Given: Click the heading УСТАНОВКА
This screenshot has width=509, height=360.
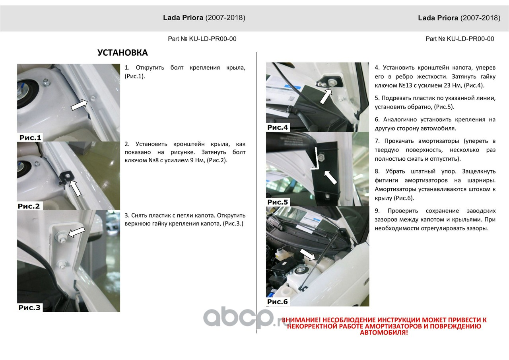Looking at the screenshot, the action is tap(122, 53).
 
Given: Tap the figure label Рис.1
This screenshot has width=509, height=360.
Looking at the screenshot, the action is tap(30, 138).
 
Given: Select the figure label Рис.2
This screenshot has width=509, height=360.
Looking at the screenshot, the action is tap(29, 206).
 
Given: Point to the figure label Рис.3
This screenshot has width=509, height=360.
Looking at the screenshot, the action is tap(29, 307).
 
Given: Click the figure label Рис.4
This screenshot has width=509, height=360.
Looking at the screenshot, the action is tap(278, 127).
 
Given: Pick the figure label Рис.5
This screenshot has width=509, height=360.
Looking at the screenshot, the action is tap(278, 202).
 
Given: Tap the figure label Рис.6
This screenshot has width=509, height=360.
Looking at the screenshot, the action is tap(278, 302).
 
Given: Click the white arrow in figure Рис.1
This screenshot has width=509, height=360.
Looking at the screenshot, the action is tap(79, 105).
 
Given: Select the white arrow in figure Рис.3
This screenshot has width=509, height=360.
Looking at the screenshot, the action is tap(77, 232).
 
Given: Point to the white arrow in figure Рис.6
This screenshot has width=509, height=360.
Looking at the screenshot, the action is tap(307, 254).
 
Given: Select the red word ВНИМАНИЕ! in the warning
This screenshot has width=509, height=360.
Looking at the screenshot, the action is tap(301, 320).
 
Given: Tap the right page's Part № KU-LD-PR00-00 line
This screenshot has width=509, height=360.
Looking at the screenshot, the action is tap(460, 39).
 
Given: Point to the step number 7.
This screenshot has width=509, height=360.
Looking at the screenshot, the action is tap(377, 141).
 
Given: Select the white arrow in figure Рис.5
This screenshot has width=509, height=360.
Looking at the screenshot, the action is tap(330, 177).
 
